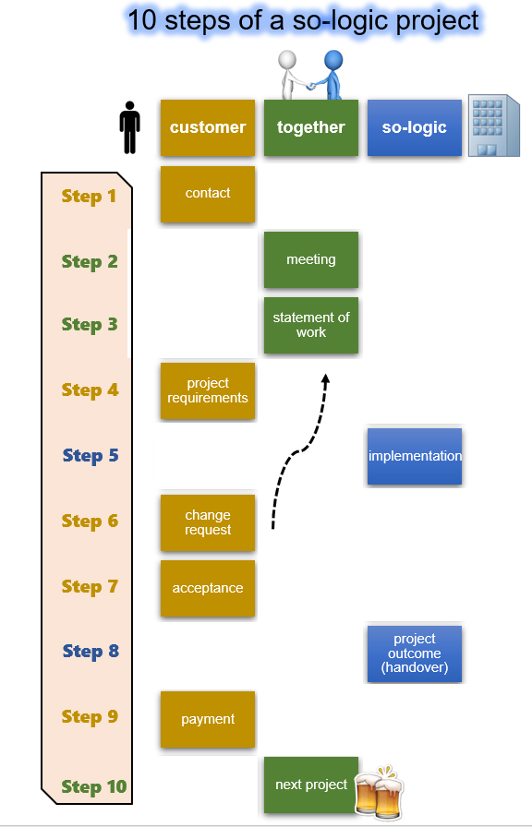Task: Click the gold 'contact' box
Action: (208, 194)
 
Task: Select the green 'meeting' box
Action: (311, 259)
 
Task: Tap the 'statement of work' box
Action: (311, 325)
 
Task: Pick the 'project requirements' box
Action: (208, 390)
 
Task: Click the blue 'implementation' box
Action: (415, 456)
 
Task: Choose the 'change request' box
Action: (208, 522)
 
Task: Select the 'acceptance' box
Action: (208, 588)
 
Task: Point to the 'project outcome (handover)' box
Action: (415, 653)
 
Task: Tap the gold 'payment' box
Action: (208, 719)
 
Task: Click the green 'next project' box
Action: (311, 785)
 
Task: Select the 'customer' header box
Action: (208, 127)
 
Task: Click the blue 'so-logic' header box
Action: (415, 127)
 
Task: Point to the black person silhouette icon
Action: (130, 127)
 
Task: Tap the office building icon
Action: (494, 126)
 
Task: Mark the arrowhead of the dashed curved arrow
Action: (326, 379)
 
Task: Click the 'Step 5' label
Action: (91, 455)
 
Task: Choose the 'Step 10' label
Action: (94, 786)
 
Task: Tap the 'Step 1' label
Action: (89, 196)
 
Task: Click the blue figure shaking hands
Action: (330, 75)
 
